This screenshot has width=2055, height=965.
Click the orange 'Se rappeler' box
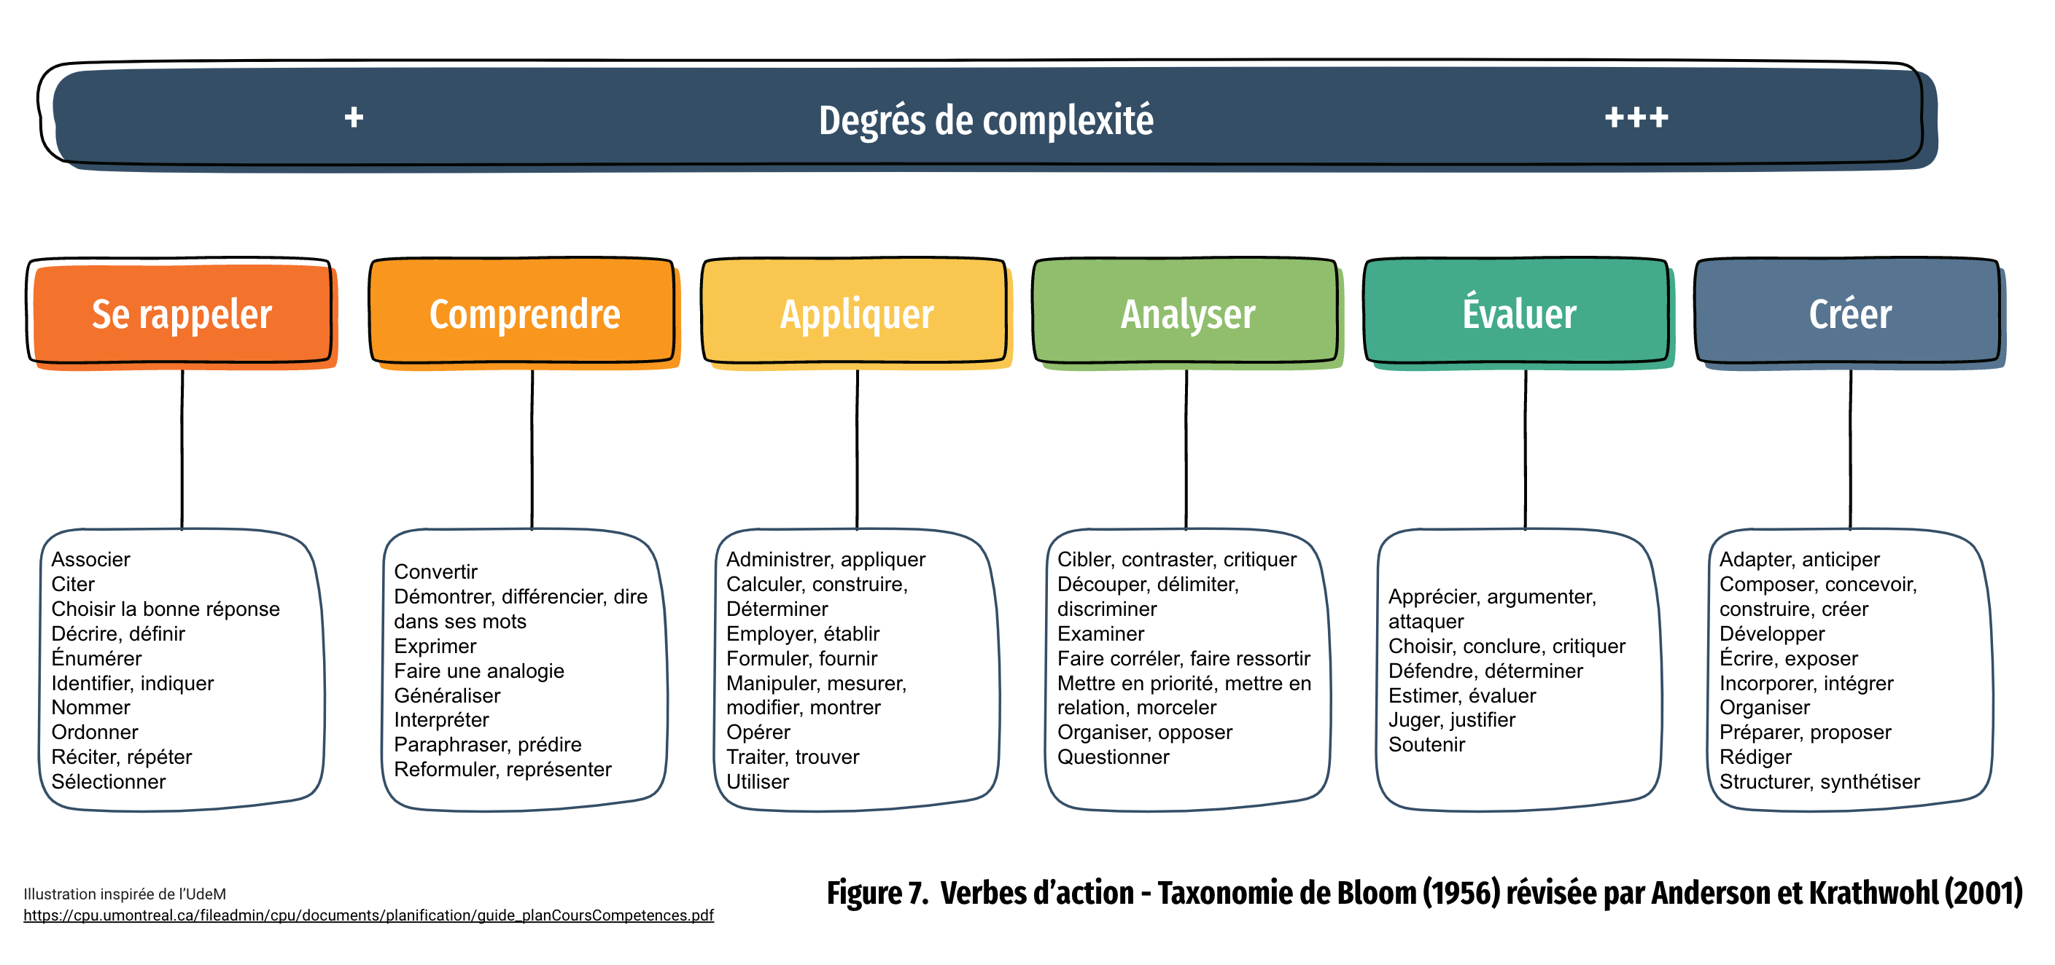[x=182, y=313]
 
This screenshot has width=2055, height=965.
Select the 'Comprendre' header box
[x=524, y=313]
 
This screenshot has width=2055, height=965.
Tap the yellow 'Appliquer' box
[x=856, y=313]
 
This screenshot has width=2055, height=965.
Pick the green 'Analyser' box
[x=1187, y=313]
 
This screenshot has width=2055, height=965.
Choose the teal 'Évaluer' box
[x=1518, y=313]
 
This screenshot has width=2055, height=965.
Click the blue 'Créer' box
[x=1849, y=313]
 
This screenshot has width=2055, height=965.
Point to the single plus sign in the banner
[x=354, y=118]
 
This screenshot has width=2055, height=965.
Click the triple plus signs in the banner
[x=1636, y=118]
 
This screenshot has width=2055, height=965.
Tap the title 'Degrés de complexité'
[x=986, y=120]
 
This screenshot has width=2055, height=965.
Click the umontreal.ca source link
[x=368, y=915]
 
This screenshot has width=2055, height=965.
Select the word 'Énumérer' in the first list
[x=96, y=658]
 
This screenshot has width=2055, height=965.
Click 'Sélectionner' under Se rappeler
[x=109, y=781]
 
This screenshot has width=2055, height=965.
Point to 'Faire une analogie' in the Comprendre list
[x=478, y=671]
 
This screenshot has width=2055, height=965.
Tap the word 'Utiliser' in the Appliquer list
[x=757, y=781]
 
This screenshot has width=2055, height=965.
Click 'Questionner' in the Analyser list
[x=1113, y=757]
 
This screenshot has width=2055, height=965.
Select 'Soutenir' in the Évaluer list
[x=1426, y=744]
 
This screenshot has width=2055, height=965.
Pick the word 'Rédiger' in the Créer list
[x=1755, y=757]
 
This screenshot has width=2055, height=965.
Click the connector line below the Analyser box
[x=1186, y=449]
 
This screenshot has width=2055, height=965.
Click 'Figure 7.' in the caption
[x=877, y=892]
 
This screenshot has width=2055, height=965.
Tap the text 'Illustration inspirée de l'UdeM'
[x=125, y=894]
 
